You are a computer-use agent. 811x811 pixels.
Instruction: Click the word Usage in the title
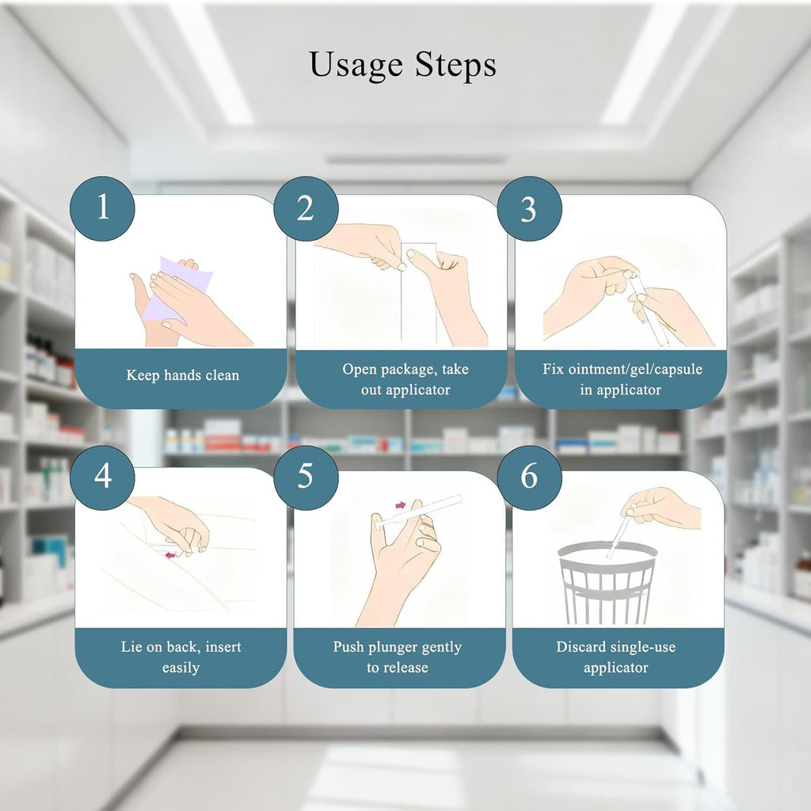[x=356, y=66]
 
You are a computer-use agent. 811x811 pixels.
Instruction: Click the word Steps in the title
[x=455, y=65]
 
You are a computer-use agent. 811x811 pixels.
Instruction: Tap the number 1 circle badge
[x=102, y=208]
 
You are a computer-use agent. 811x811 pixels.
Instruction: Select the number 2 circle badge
[x=306, y=208]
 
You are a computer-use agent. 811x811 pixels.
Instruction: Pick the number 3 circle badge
[x=529, y=208]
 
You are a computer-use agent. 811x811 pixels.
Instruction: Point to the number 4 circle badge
[x=102, y=477]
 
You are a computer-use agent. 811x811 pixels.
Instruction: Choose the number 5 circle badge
[x=306, y=477]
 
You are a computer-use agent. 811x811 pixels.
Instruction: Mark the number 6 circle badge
[x=529, y=477]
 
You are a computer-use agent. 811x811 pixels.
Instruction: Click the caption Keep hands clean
[x=183, y=375]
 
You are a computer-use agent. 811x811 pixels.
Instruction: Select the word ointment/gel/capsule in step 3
[x=635, y=369]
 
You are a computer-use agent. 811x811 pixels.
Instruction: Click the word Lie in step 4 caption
[x=129, y=646]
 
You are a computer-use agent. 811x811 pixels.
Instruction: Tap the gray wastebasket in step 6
[x=607, y=582]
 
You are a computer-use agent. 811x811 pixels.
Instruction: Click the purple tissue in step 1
[x=178, y=291]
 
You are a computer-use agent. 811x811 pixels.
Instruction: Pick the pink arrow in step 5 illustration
[x=401, y=504]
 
